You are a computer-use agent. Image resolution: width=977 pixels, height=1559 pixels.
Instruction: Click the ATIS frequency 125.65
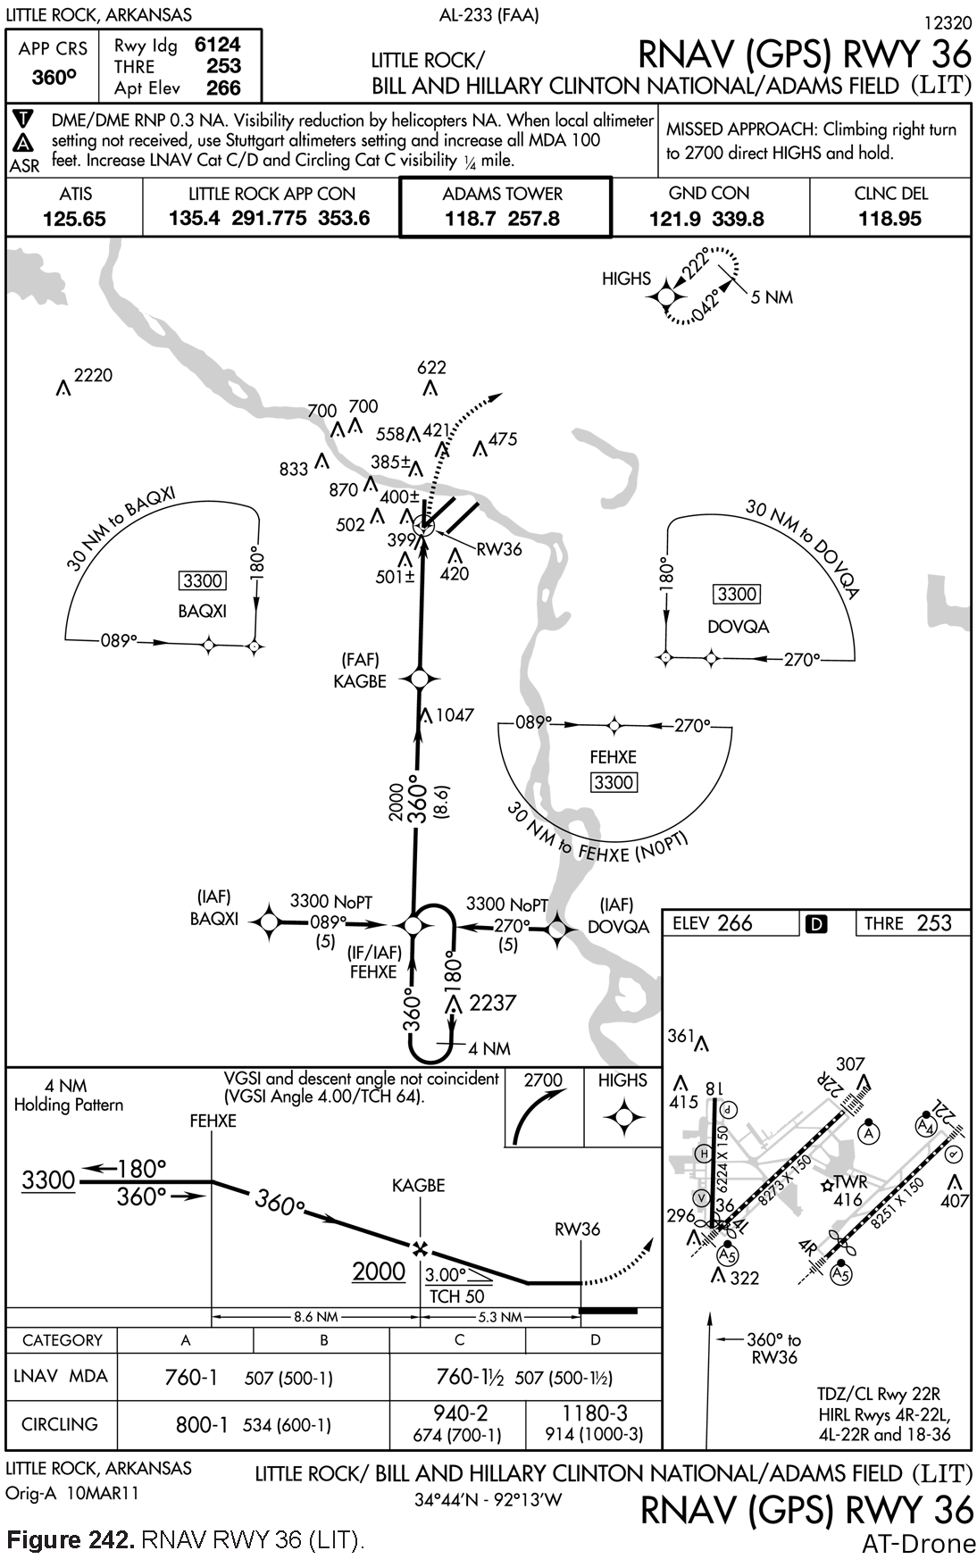[73, 219]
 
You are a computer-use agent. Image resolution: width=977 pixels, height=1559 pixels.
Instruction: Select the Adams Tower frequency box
[505, 207]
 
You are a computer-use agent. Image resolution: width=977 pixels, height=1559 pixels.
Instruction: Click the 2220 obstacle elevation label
[92, 376]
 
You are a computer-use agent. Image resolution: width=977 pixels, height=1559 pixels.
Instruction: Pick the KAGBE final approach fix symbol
[419, 679]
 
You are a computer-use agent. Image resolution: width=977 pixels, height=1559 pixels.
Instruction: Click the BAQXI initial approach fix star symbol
[268, 923]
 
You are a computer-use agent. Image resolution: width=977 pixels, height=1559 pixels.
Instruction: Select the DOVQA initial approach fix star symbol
[557, 929]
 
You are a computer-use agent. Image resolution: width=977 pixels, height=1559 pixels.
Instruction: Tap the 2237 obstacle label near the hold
[492, 1003]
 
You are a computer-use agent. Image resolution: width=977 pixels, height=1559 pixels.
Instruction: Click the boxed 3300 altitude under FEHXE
[614, 783]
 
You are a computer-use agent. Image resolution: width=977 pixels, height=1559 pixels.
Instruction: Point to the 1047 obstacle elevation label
[455, 715]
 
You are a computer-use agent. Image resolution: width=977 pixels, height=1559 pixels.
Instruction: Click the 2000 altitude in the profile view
[379, 1271]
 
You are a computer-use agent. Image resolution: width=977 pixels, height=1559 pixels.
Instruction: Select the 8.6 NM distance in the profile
[315, 1316]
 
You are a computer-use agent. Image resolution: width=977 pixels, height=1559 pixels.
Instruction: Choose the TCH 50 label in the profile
[456, 1296]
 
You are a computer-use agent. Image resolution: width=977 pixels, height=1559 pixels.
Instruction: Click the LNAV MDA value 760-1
[191, 1377]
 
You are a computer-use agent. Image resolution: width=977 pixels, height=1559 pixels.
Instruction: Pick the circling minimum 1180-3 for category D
[594, 1413]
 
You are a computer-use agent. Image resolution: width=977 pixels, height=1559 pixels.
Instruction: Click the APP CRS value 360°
[53, 78]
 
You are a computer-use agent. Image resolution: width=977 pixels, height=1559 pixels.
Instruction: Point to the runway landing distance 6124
[217, 45]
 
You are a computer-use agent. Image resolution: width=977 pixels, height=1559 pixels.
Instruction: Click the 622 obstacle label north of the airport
[431, 368]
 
